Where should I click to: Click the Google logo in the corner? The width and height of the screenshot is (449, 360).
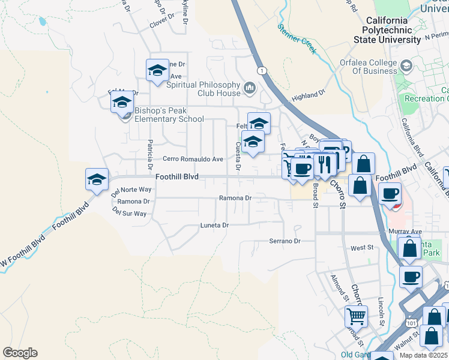pyautogui.click(x=20, y=353)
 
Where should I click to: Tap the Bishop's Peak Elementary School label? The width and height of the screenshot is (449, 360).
pyautogui.click(x=169, y=115)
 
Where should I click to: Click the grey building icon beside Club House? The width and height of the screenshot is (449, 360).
pyautogui.click(x=250, y=89)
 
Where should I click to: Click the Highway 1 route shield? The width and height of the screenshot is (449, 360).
pyautogui.click(x=262, y=71)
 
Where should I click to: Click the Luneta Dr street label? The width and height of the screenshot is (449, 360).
pyautogui.click(x=215, y=225)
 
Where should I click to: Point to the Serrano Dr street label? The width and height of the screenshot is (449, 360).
pyautogui.click(x=284, y=241)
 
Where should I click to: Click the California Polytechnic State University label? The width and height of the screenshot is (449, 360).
pyautogui.click(x=394, y=30)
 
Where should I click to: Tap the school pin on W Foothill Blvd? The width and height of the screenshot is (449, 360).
pyautogui.click(x=97, y=179)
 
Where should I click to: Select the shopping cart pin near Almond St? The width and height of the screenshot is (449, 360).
pyautogui.click(x=356, y=315)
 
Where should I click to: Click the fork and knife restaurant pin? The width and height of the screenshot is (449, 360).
pyautogui.click(x=325, y=163)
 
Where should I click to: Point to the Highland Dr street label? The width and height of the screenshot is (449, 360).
pyautogui.click(x=308, y=95)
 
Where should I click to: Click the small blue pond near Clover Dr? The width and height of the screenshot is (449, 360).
pyautogui.click(x=42, y=22)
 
